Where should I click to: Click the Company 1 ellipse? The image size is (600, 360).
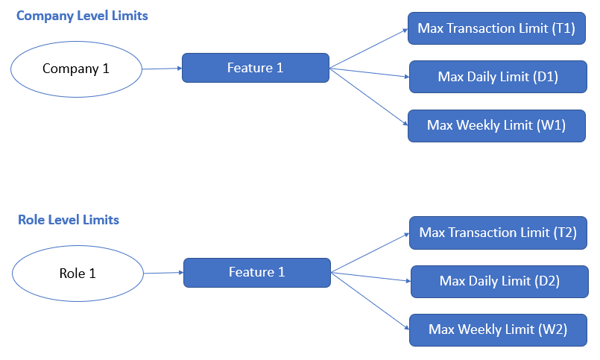tap(76, 69)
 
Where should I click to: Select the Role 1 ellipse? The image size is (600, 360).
tap(78, 274)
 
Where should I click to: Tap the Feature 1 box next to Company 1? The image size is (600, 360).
tap(256, 69)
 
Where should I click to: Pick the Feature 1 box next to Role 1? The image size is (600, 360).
tap(257, 273)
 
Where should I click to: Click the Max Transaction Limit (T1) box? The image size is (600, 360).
tap(496, 28)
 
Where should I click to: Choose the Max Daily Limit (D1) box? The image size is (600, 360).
tap(498, 77)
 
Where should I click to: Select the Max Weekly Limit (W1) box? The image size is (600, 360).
tap(496, 125)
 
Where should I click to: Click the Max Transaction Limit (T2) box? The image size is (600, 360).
tap(498, 233)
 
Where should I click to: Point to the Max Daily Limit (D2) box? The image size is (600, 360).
tap(499, 281)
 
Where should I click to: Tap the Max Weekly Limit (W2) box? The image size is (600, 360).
tap(498, 329)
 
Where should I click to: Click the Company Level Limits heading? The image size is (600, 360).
tap(82, 16)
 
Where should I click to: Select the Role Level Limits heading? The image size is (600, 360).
tap(69, 220)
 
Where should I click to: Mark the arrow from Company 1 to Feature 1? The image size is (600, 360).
tap(162, 69)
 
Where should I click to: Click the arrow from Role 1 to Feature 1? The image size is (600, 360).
tap(163, 273)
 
